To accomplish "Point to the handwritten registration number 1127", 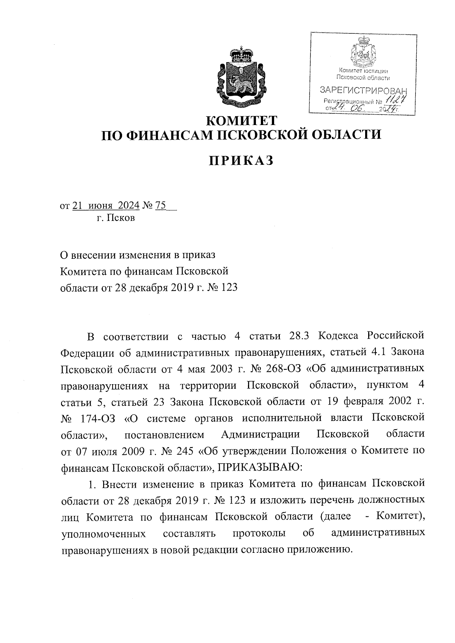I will point(394,100).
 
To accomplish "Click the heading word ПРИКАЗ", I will point(241,161).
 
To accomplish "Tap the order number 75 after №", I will point(160,205).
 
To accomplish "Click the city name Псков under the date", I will point(121,218).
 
